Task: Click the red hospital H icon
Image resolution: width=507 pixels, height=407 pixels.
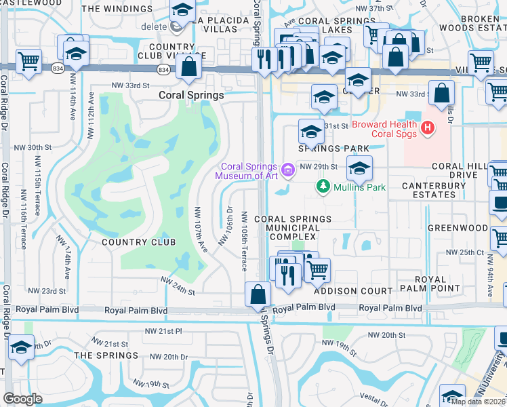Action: click(428, 128)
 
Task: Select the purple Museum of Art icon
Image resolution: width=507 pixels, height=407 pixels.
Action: click(288, 169)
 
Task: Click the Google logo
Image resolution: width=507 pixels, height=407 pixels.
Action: click(22, 398)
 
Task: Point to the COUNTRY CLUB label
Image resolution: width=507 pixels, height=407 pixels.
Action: click(138, 242)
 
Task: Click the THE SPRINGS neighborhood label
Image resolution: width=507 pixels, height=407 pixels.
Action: click(106, 355)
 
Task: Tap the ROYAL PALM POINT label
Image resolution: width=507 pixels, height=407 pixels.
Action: click(431, 285)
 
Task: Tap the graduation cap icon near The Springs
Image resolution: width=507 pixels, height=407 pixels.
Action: click(22, 347)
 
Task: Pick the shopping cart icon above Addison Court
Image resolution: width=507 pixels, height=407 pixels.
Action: click(317, 270)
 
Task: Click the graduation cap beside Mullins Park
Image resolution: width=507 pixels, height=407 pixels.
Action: click(359, 168)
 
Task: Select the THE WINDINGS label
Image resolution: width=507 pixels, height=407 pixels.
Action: click(117, 9)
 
